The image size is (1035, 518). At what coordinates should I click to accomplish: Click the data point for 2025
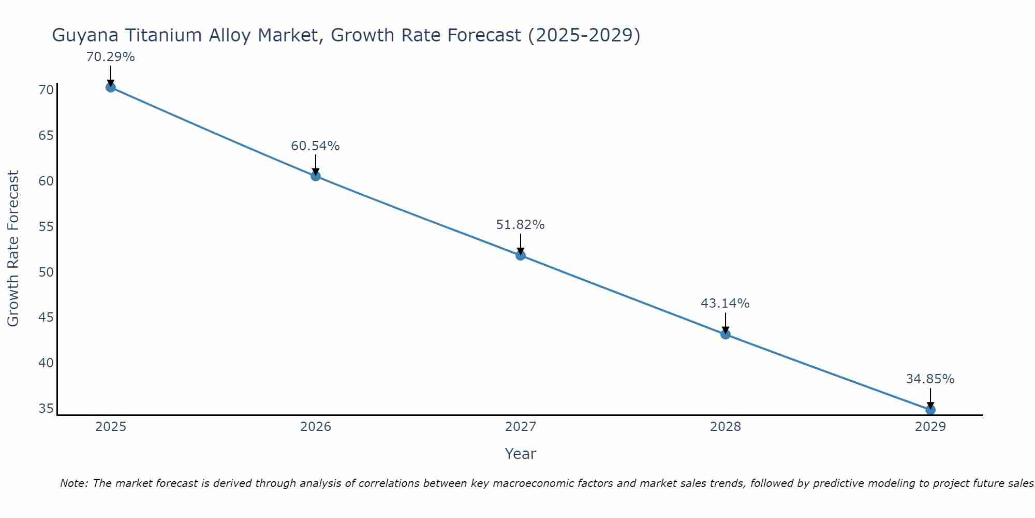pyautogui.click(x=110, y=87)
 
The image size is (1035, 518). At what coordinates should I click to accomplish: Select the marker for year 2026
pyautogui.click(x=316, y=176)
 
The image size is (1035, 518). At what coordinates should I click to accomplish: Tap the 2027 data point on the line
pyautogui.click(x=521, y=255)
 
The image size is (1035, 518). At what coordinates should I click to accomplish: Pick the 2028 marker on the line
pyautogui.click(x=726, y=334)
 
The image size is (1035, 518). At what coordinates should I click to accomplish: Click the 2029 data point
pyautogui.click(x=930, y=410)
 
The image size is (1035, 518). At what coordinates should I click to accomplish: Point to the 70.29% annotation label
pyautogui.click(x=110, y=57)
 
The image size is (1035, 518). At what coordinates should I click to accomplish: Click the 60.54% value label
pyautogui.click(x=315, y=146)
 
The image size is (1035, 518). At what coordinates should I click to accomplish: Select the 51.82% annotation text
pyautogui.click(x=520, y=225)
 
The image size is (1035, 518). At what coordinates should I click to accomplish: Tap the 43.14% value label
pyautogui.click(x=725, y=304)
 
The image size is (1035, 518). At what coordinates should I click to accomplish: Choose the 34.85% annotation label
pyautogui.click(x=930, y=379)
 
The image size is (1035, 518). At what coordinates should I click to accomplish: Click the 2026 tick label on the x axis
pyautogui.click(x=316, y=427)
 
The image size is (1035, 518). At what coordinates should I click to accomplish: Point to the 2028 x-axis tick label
pyautogui.click(x=726, y=427)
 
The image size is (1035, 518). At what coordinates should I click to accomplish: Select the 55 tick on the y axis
pyautogui.click(x=46, y=227)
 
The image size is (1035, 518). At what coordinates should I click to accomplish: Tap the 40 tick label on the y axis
pyautogui.click(x=46, y=363)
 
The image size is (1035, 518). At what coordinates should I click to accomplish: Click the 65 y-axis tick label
pyautogui.click(x=46, y=136)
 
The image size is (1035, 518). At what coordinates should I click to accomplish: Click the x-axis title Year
pyautogui.click(x=520, y=454)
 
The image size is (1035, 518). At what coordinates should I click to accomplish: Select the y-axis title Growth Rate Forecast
pyautogui.click(x=13, y=248)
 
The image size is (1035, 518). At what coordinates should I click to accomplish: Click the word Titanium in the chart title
pyautogui.click(x=158, y=35)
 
